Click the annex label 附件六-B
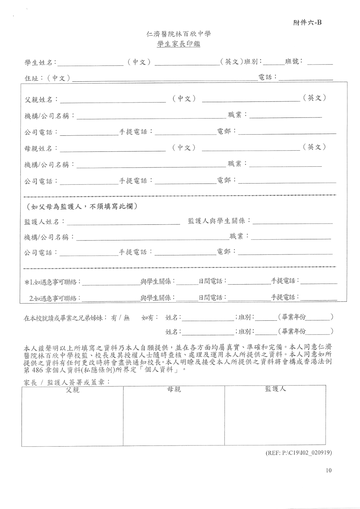click(x=307, y=23)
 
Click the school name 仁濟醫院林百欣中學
click(x=179, y=34)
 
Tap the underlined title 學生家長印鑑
click(x=179, y=45)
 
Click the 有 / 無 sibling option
click(x=120, y=318)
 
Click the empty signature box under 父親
click(x=72, y=420)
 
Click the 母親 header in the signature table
click(x=174, y=390)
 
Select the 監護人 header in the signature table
click(x=275, y=389)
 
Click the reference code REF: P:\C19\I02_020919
click(x=298, y=453)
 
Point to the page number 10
click(x=329, y=470)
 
